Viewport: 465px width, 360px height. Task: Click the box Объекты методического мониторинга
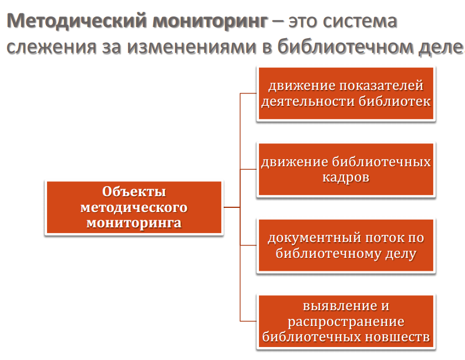pyautogui.click(x=134, y=208)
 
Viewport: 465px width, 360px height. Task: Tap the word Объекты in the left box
pyautogui.click(x=134, y=192)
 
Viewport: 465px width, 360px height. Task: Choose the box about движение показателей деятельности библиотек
pyautogui.click(x=346, y=94)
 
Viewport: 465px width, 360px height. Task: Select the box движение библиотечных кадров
pyautogui.click(x=346, y=169)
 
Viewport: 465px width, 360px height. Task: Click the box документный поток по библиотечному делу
pyautogui.click(x=346, y=246)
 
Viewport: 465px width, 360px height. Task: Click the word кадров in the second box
pyautogui.click(x=346, y=177)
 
